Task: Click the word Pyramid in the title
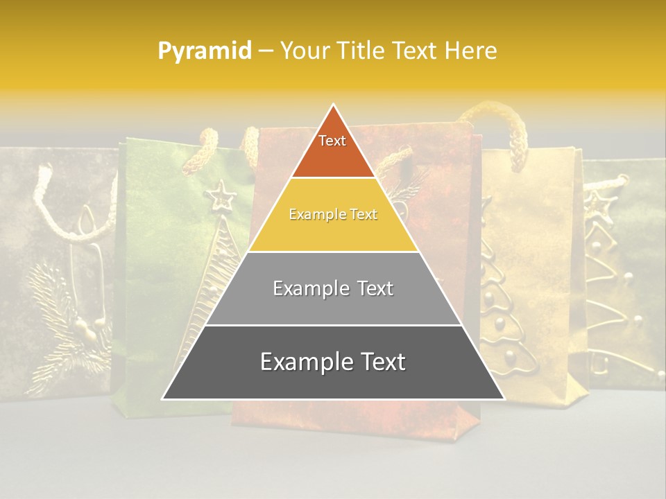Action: click(x=204, y=51)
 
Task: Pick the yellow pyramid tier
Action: click(x=333, y=215)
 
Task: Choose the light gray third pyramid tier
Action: click(x=333, y=288)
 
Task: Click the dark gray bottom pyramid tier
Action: click(x=333, y=362)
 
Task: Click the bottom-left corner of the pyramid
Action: click(x=163, y=399)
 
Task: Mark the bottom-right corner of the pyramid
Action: click(x=504, y=399)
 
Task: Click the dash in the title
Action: click(x=266, y=51)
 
